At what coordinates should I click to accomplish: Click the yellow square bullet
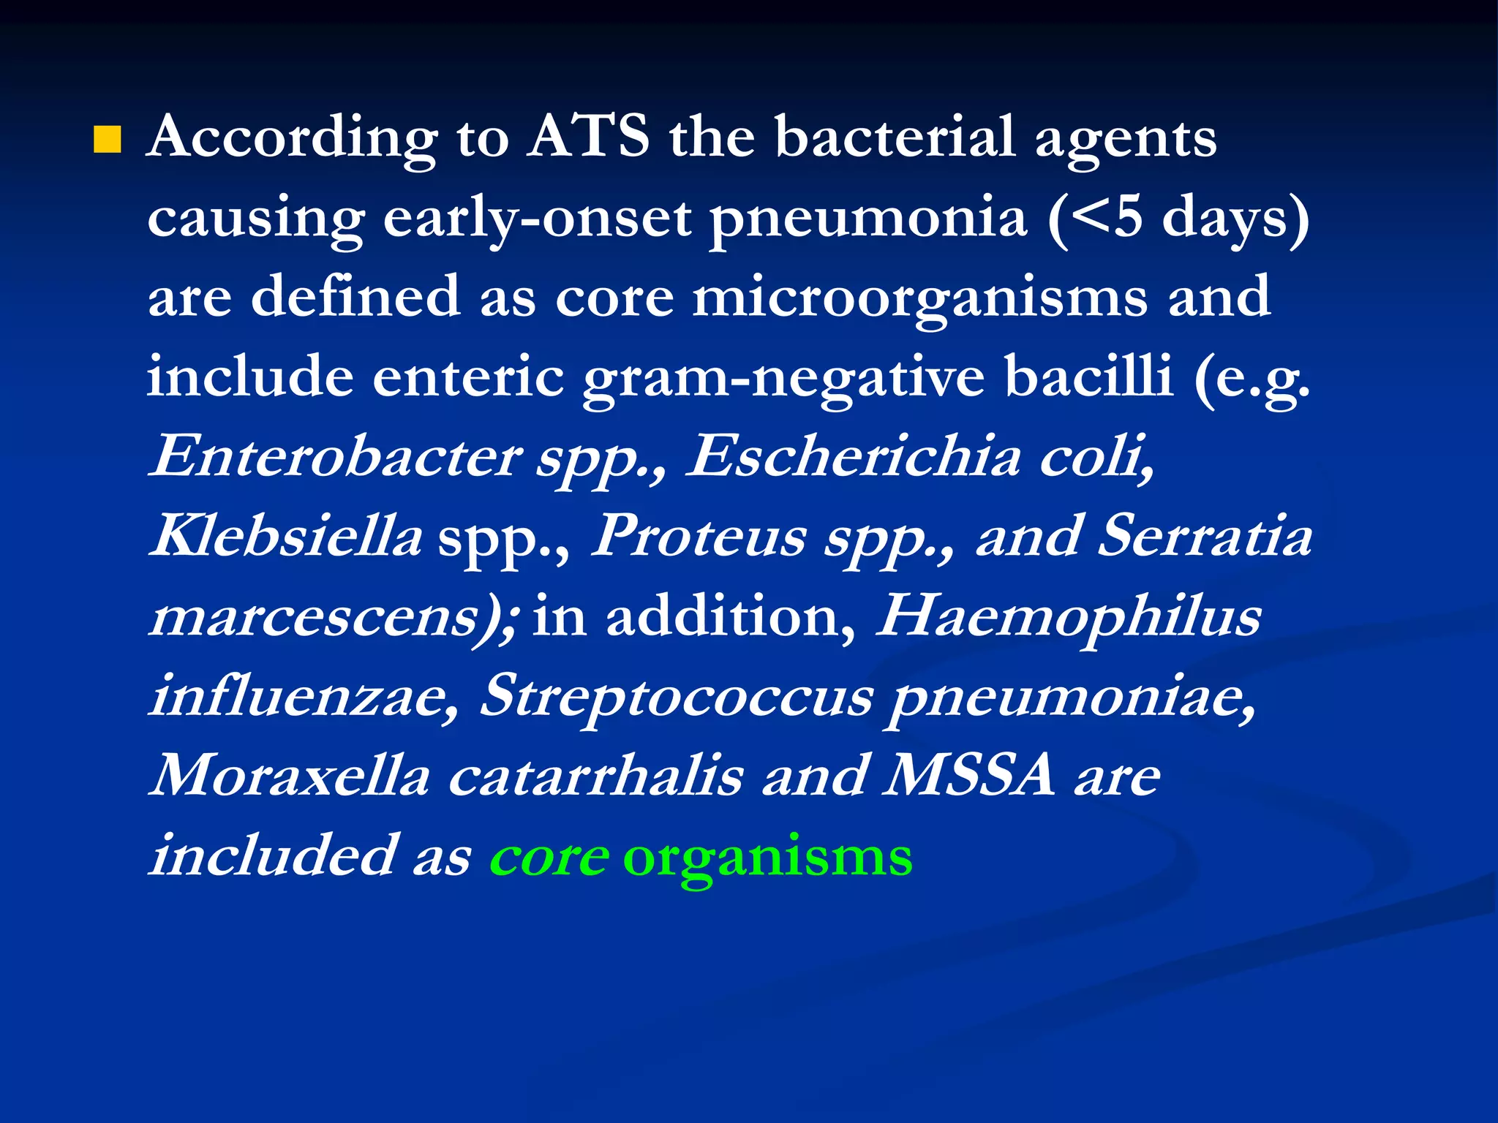point(107,140)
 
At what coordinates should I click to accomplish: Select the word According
point(293,138)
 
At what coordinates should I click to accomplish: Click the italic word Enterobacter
point(336,457)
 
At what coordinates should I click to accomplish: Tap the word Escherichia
point(853,457)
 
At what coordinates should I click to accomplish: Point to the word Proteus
point(699,536)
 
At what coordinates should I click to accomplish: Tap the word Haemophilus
point(1069,616)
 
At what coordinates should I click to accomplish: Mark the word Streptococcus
point(677,697)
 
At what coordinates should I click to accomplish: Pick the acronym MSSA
point(970,776)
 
